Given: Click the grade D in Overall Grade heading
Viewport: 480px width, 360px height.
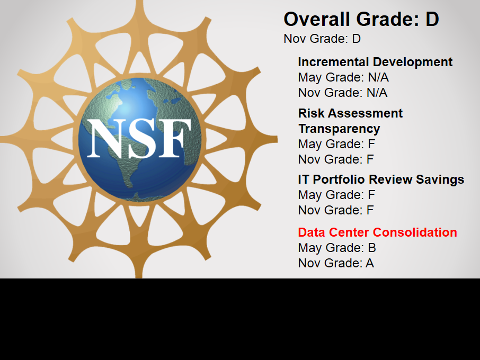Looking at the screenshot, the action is coord(432,19).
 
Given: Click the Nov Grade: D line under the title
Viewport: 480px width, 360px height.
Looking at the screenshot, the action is coord(322,39).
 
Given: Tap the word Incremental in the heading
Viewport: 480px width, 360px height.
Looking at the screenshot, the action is coord(333,62).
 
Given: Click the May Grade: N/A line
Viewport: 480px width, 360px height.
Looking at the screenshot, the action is coord(343,77).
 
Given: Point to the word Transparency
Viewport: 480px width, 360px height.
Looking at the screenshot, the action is coord(339,129).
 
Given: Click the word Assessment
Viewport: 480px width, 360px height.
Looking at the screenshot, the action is coord(365,113).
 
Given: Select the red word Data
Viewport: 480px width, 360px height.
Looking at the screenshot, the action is coord(312,232).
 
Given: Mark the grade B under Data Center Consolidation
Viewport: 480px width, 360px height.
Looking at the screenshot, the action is coord(372,248).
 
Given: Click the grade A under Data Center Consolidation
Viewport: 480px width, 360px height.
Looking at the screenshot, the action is coord(370,263).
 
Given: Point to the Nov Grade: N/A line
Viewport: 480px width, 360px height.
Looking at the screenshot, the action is coord(343,93).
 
